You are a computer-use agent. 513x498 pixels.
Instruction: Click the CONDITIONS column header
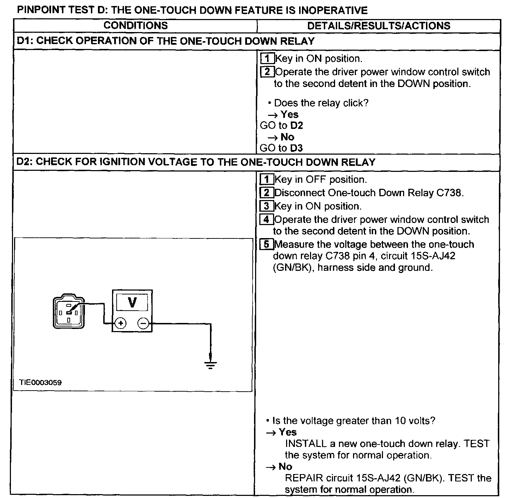135,26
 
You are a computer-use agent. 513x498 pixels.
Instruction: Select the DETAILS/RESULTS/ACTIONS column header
379,26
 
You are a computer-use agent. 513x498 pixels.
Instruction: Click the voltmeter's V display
132,302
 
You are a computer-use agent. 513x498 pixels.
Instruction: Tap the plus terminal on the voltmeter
120,323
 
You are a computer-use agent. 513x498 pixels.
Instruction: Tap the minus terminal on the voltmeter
143,323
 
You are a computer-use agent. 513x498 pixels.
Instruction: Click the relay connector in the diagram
69,312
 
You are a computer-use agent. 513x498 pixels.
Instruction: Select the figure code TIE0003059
41,382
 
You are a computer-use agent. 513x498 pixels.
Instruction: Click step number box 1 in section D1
267,58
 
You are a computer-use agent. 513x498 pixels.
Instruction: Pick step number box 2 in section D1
267,72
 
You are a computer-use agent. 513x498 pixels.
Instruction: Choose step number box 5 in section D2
267,244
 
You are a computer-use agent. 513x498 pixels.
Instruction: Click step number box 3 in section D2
267,206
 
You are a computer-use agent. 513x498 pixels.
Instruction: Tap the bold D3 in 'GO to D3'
296,148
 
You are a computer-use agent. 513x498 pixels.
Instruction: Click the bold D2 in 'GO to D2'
296,126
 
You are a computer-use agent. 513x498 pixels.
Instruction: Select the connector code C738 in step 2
449,193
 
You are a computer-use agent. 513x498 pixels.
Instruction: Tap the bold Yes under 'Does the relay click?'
289,114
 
